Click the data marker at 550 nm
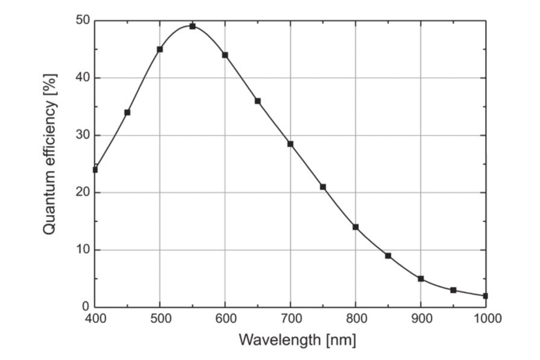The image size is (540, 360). pos(192,26)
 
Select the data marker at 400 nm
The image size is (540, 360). pos(95,170)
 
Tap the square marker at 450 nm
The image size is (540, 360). pos(127,112)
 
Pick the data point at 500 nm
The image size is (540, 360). pos(160,49)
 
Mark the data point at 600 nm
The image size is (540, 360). pos(225,55)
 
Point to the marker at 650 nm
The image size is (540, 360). pos(258,101)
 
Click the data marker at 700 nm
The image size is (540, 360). pos(290,144)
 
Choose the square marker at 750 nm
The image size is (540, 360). pos(323,187)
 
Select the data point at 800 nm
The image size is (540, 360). pos(355,227)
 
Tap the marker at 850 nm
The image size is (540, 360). pos(388,256)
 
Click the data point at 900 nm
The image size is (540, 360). pos(421,278)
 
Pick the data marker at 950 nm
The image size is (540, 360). pos(453,290)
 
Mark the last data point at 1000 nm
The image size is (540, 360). pos(485,296)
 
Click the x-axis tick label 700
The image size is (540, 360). pos(290,318)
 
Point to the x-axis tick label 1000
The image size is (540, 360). pos(486,318)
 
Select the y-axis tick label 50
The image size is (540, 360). pos(83,21)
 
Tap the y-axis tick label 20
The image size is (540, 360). pos(83,193)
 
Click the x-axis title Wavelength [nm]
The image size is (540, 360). pos(297,340)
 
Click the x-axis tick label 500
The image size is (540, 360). pos(160,318)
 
